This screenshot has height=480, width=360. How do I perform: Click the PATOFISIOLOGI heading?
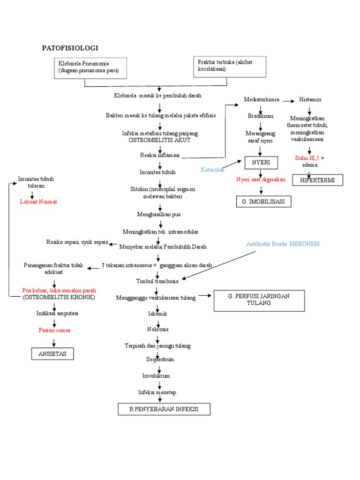(70, 48)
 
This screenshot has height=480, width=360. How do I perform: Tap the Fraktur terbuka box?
(230, 66)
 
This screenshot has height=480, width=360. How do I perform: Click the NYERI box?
(261, 163)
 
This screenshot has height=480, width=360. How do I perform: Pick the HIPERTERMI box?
(317, 180)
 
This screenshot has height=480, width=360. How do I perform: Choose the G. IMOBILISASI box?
(263, 202)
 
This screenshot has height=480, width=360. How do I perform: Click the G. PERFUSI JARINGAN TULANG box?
(259, 300)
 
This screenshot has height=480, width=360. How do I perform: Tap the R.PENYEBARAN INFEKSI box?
(164, 409)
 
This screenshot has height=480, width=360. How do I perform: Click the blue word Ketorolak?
(213, 169)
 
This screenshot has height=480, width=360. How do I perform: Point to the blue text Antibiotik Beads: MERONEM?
(284, 244)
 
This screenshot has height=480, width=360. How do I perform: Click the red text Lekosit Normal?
(38, 202)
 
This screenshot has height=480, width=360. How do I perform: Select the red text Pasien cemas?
(54, 330)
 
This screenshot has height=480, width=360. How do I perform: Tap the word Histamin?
(310, 100)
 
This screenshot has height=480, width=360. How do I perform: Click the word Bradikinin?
(261, 115)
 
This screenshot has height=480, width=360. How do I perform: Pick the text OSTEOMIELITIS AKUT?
(160, 140)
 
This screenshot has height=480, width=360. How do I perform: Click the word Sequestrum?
(159, 359)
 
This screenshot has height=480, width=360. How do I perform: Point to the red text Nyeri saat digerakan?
(261, 180)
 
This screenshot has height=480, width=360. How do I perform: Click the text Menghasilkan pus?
(159, 214)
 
